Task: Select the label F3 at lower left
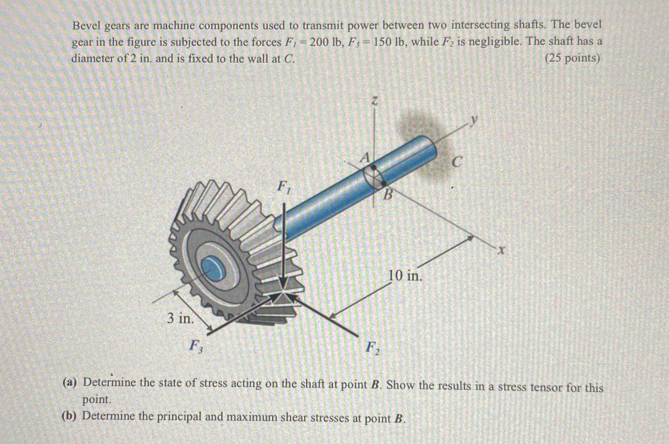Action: [197, 346]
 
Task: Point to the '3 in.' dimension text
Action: [181, 318]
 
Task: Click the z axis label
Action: [374, 101]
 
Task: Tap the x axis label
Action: [502, 251]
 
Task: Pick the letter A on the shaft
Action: [365, 158]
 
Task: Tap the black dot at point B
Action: [384, 183]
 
